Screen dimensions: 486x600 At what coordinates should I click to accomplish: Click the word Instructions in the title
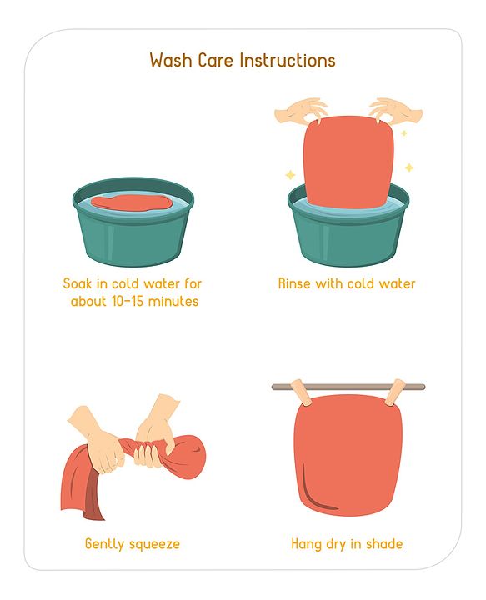point(288,61)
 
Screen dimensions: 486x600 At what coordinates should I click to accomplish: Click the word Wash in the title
point(171,61)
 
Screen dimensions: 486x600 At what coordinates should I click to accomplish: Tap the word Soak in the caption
point(78,283)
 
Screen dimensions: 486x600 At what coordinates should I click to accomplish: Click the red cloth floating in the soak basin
point(129,202)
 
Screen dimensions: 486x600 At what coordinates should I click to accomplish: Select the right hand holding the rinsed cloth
point(395,111)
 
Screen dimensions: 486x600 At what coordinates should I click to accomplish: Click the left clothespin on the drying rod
point(302,392)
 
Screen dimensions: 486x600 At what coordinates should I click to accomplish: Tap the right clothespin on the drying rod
point(394,392)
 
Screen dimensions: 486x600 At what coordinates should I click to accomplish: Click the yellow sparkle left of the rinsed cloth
point(290,174)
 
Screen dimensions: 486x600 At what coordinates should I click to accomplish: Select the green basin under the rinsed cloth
point(348,226)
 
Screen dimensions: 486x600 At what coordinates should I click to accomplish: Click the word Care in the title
point(215,61)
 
